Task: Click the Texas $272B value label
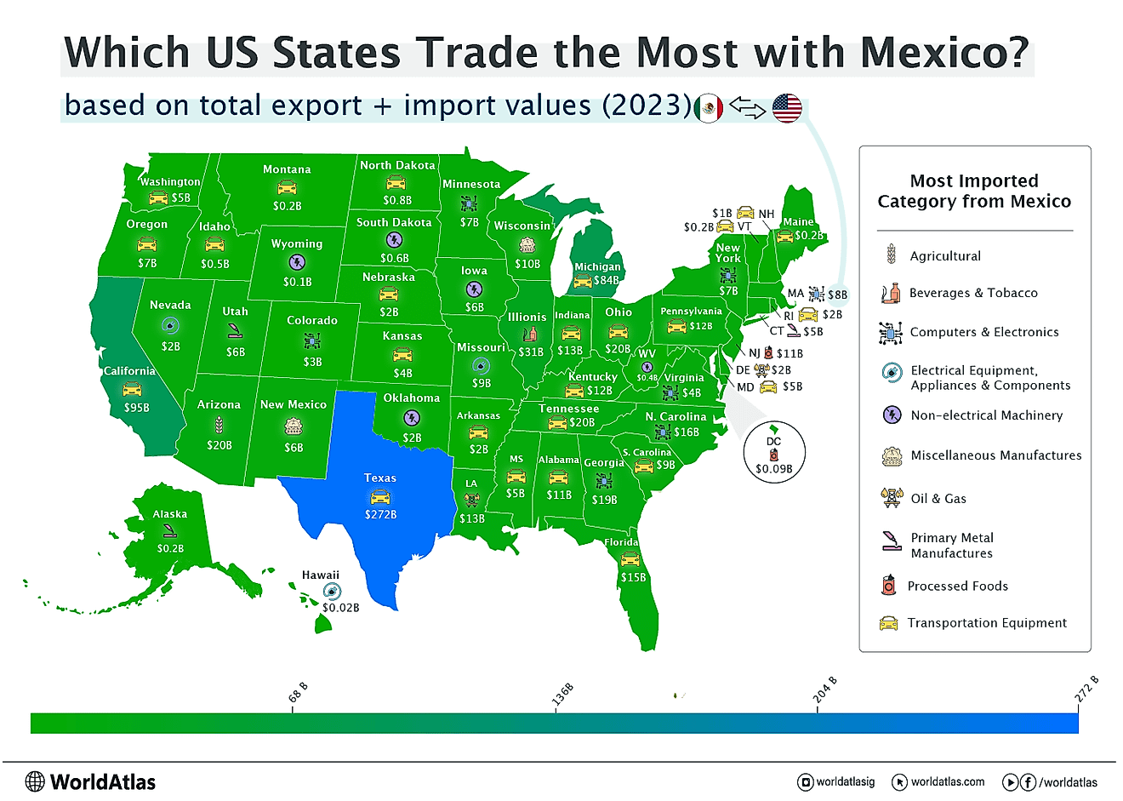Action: pos(380,515)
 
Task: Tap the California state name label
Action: pos(129,371)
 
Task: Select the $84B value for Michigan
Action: pos(607,280)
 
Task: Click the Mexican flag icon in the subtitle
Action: pos(709,108)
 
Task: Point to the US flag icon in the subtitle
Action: pos(787,108)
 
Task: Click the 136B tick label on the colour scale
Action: pos(562,695)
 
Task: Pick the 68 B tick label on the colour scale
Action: pos(299,692)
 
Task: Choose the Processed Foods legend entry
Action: pos(957,586)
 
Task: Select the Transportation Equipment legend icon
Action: pos(888,623)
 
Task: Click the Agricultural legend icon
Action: pos(891,255)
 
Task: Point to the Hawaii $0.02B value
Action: pos(340,608)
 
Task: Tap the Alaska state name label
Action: pos(170,514)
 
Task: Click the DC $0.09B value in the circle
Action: pos(773,468)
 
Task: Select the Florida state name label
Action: pos(621,542)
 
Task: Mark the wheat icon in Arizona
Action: pos(219,424)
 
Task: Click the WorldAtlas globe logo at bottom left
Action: pos(35,781)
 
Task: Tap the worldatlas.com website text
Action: pos(948,781)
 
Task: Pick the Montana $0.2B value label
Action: pos(287,206)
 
